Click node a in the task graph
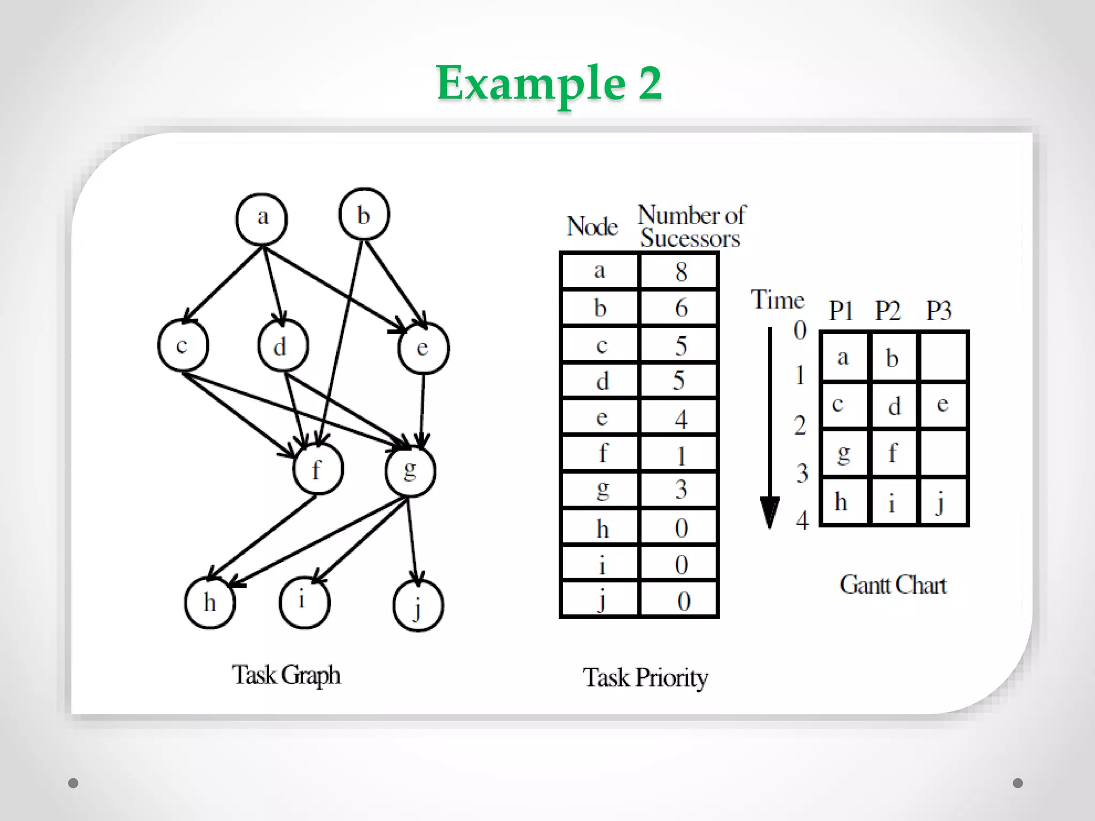tap(261, 219)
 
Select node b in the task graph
tap(364, 214)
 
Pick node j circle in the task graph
tap(418, 606)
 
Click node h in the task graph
tap(210, 603)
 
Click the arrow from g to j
tap(412, 540)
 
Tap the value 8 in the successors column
tap(680, 272)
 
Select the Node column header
tap(592, 227)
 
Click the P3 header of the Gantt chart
tap(938, 311)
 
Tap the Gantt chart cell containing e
tap(943, 405)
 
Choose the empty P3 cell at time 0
tap(943, 357)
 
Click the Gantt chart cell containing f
tap(893, 453)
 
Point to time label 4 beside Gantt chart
tap(801, 520)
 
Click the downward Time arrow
tap(769, 428)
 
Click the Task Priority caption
tap(645, 678)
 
